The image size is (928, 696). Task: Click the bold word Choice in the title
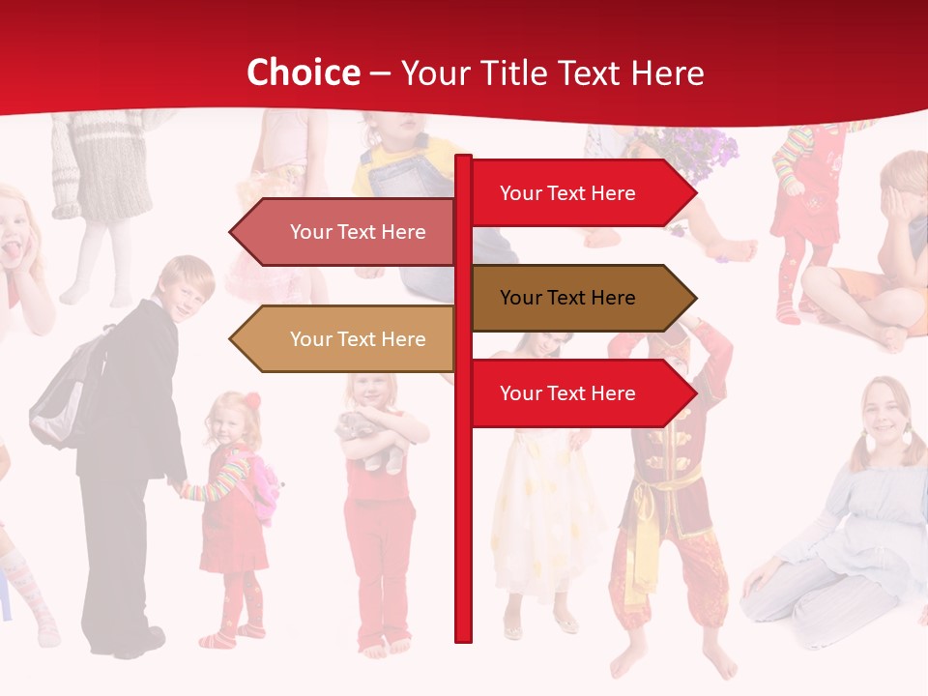303,72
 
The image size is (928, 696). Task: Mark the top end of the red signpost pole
463,159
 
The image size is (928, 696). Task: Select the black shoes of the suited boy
145,641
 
